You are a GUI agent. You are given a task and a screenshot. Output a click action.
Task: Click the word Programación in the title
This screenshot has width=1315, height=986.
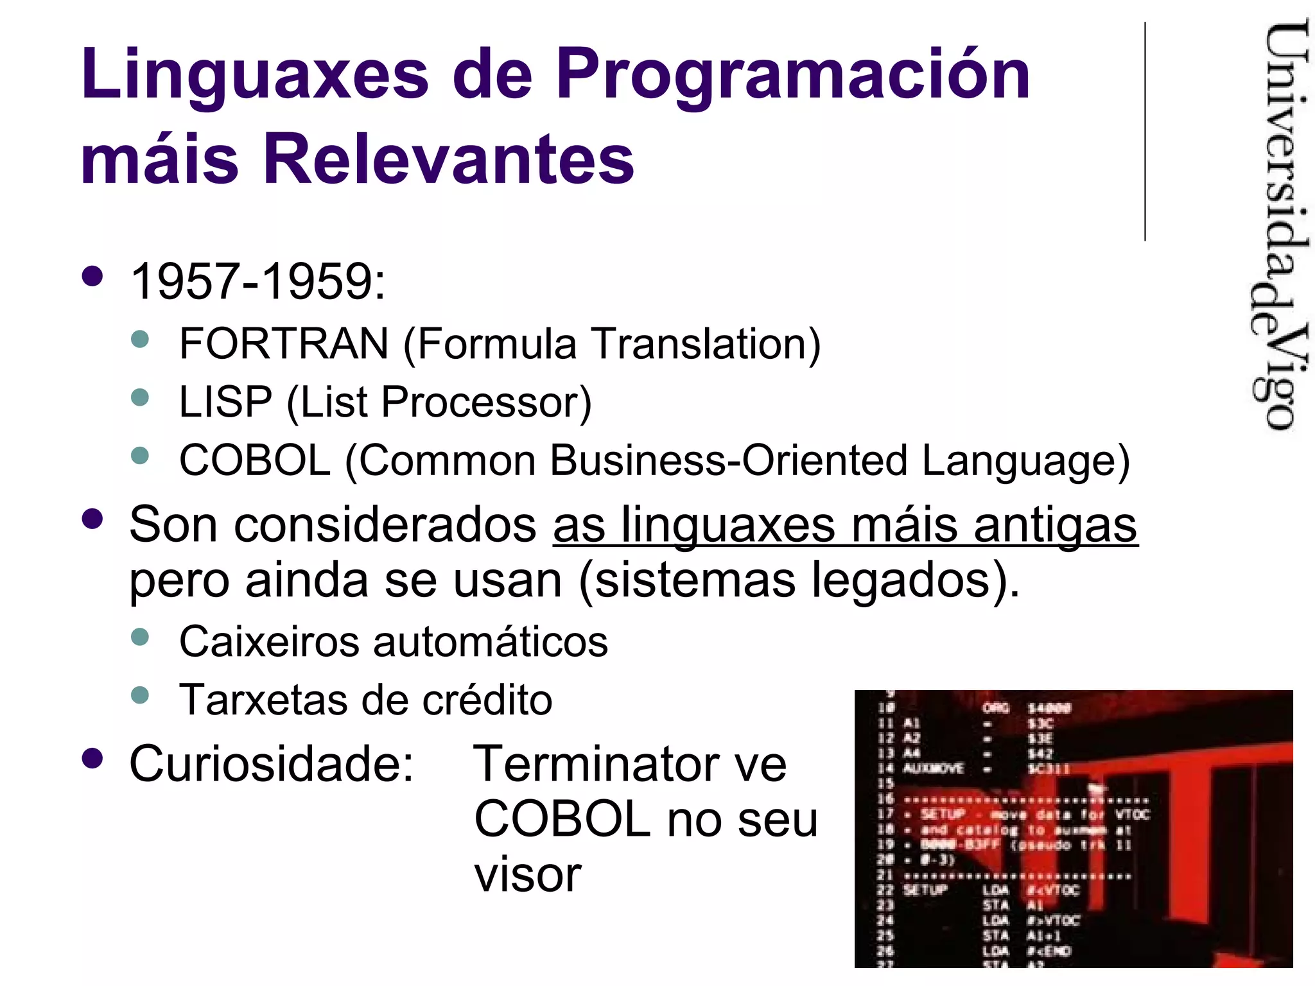coord(792,76)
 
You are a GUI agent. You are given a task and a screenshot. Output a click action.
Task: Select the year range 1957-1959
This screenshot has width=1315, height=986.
coord(257,281)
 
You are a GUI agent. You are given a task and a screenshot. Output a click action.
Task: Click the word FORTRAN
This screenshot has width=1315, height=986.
coord(284,343)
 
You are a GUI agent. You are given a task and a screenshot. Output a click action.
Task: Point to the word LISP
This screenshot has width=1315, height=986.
coord(225,402)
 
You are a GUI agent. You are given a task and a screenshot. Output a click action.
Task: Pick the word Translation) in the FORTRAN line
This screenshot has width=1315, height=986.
coord(706,343)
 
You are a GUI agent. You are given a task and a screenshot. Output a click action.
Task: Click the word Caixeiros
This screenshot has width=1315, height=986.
coord(269,641)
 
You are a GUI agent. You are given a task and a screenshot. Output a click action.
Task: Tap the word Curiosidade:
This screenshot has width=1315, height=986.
coord(272,764)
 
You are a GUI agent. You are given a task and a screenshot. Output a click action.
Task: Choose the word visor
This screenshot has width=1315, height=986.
coord(528,874)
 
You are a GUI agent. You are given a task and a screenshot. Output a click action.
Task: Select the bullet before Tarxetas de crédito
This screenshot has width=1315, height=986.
coord(139,695)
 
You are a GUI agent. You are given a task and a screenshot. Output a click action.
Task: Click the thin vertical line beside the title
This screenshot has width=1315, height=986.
coord(1145,132)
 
